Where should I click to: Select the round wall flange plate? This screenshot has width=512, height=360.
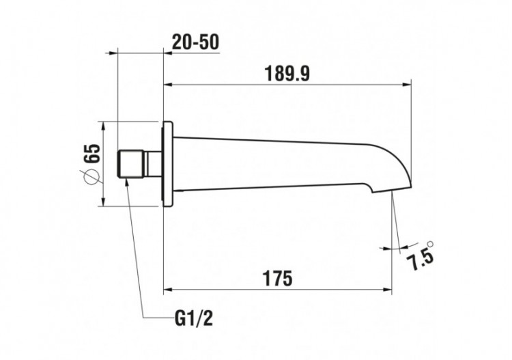pos(168,164)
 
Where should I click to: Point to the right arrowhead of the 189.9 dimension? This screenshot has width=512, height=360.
pos(408,85)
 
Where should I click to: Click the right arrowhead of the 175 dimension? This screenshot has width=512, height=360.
pos(388,290)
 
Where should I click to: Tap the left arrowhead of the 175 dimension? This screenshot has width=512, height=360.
pos(168,290)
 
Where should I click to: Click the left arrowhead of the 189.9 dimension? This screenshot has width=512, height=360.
pos(168,85)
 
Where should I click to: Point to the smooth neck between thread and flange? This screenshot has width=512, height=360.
pos(154,164)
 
